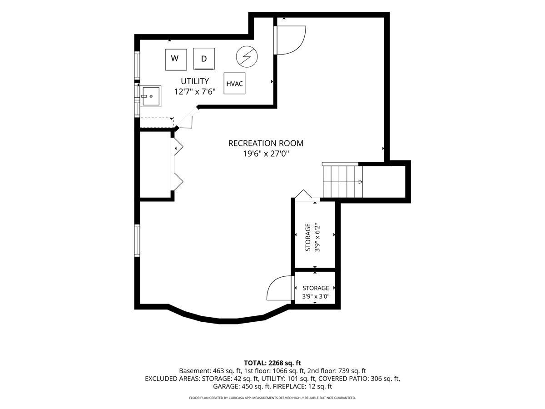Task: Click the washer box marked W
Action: coord(176,60)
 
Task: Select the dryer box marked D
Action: coord(204,59)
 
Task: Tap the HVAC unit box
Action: coord(234,84)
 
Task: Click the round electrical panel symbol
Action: coord(247,57)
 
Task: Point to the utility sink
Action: coord(150,96)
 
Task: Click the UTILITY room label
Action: coord(195,81)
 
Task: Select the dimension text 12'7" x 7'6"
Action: coord(195,92)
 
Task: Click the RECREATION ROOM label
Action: coord(266,143)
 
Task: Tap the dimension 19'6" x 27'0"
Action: coord(266,154)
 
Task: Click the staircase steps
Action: coord(342,181)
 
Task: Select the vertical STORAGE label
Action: coord(308,237)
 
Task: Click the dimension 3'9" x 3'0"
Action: coord(316,296)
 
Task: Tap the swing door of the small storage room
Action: coord(279,288)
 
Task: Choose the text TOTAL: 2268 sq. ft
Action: coord(272,363)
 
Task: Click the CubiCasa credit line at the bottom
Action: coord(272,398)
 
